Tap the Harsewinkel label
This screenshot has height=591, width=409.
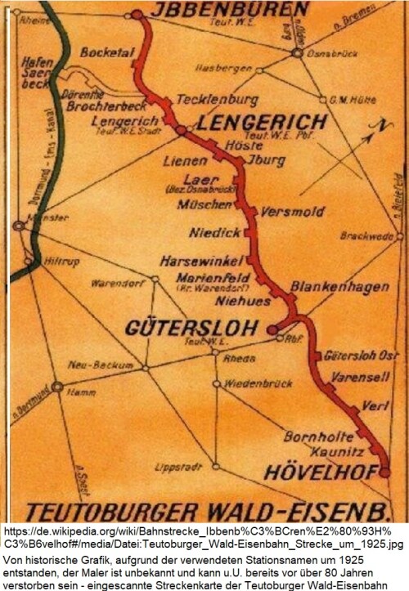pyautogui.click(x=203, y=262)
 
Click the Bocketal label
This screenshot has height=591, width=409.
pyautogui.click(x=104, y=51)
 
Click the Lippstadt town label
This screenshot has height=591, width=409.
pyautogui.click(x=178, y=468)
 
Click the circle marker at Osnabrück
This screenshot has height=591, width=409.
pyautogui.click(x=296, y=53)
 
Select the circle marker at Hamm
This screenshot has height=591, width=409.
pyautogui.click(x=57, y=387)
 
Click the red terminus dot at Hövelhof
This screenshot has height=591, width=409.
pyautogui.click(x=384, y=472)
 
